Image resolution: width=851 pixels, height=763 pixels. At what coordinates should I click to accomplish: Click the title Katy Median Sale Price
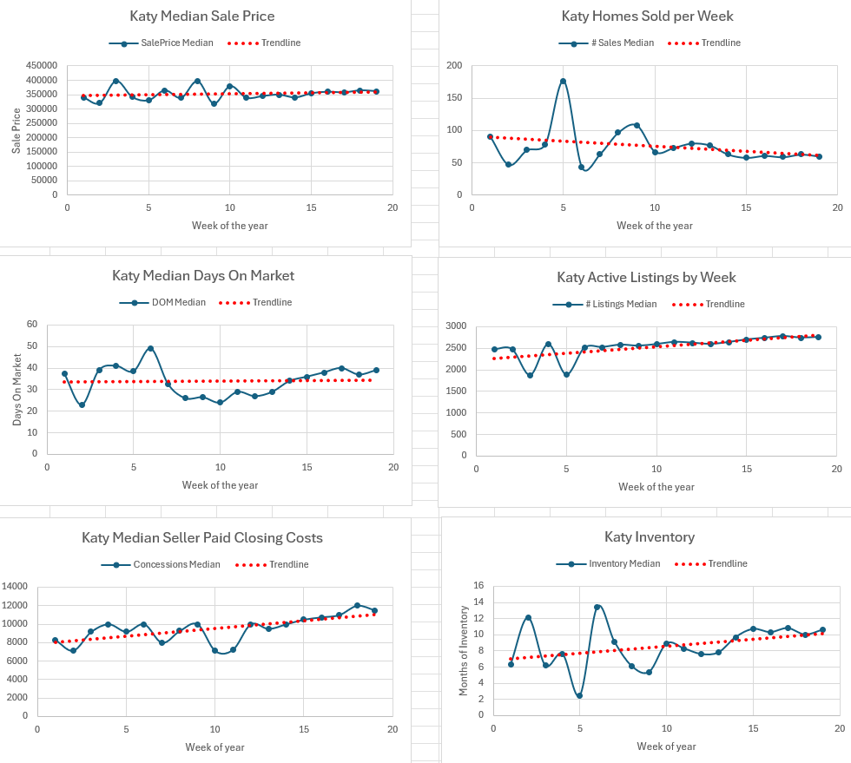(201, 16)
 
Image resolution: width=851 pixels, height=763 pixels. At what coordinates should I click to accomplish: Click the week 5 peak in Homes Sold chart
(563, 82)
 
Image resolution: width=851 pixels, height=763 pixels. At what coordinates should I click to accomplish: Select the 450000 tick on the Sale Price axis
(42, 66)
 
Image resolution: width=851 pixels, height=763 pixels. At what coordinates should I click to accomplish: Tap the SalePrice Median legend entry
(162, 43)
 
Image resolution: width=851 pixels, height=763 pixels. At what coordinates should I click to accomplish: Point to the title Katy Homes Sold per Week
(647, 16)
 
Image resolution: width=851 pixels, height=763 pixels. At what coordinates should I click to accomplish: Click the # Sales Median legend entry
(606, 43)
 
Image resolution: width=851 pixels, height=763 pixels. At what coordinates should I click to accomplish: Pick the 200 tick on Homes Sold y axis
(454, 66)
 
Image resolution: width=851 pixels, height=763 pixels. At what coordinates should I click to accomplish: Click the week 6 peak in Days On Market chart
(150, 348)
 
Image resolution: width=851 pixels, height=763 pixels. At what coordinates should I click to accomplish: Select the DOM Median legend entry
(162, 302)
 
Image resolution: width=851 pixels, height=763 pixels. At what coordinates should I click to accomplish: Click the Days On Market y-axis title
(16, 390)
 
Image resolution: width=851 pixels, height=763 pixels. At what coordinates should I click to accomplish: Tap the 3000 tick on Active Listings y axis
(456, 326)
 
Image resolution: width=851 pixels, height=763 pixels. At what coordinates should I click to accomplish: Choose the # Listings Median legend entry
(604, 305)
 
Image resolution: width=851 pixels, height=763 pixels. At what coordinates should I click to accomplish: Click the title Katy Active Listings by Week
(646, 277)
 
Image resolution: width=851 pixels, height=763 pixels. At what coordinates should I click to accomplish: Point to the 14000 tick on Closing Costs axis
(15, 586)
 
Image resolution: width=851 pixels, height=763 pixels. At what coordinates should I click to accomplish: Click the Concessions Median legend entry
(161, 564)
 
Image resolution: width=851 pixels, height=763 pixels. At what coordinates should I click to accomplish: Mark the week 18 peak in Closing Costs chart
(357, 605)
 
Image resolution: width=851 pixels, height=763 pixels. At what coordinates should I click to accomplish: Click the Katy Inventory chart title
(650, 537)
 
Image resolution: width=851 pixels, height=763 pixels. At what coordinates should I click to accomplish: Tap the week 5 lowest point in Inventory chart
(580, 695)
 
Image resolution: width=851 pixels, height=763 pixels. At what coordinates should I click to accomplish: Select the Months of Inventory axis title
(463, 651)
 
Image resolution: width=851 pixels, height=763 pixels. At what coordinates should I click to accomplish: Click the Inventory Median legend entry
(609, 564)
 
